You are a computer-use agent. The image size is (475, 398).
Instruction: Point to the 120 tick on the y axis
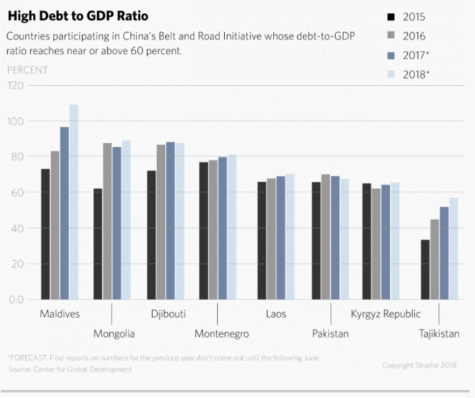[x=15, y=86]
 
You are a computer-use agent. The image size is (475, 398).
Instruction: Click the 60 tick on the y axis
[x=17, y=193]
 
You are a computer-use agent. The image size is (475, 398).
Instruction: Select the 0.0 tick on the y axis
[x=16, y=299]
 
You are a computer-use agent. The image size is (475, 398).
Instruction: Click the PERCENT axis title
[x=27, y=70]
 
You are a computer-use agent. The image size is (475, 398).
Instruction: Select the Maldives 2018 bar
[x=74, y=202]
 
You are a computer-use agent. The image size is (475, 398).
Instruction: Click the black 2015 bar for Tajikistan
[x=426, y=269]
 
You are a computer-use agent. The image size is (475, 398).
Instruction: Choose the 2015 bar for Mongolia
[x=98, y=244]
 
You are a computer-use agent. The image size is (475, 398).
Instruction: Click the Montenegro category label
[x=221, y=334]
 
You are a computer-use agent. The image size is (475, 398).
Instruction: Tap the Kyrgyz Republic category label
[x=385, y=314]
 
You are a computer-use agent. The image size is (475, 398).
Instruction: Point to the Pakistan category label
[x=330, y=334]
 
